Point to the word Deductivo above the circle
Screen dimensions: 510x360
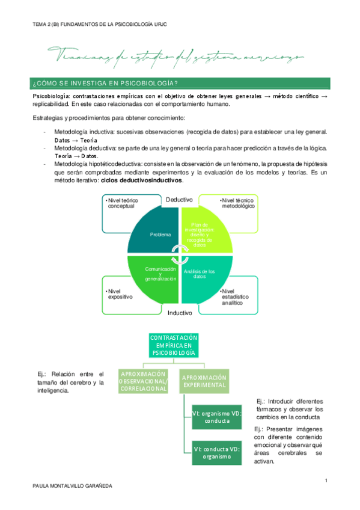pyautogui.click(x=179, y=199)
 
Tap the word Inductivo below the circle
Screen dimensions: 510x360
pyautogui.click(x=180, y=313)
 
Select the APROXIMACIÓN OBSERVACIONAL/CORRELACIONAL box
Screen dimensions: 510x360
pyautogui.click(x=144, y=381)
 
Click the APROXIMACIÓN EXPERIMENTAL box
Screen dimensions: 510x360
pyautogui.click(x=204, y=381)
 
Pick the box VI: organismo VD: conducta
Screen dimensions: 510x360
pyautogui.click(x=216, y=417)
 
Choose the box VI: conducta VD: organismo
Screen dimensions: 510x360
pyautogui.click(x=216, y=452)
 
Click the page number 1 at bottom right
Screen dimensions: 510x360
pyautogui.click(x=325, y=480)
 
